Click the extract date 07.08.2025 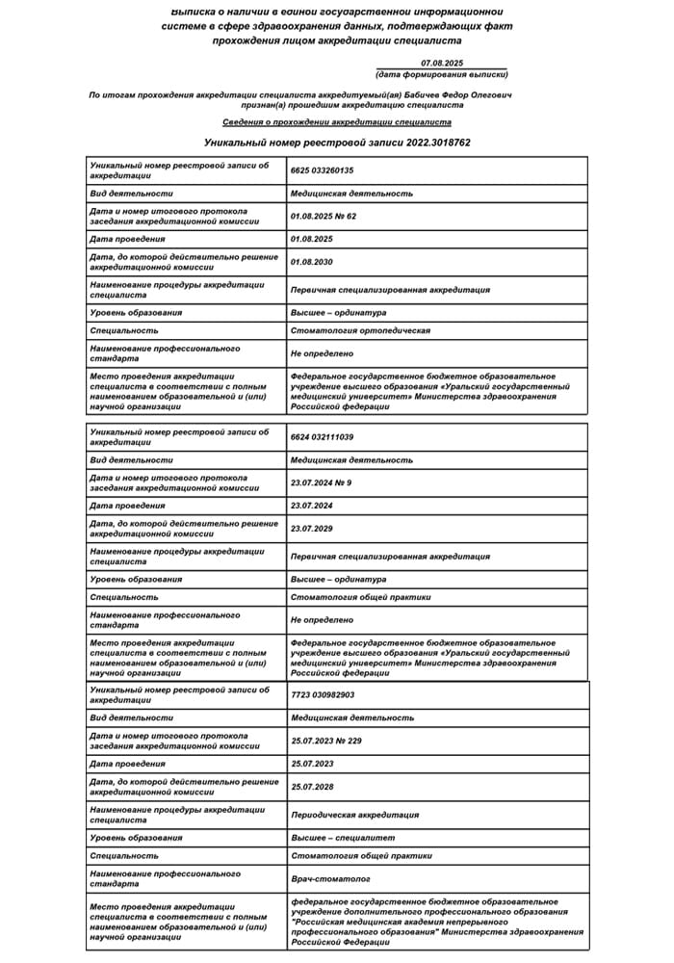point(442,64)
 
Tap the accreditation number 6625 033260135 point(323,170)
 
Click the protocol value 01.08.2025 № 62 point(324,216)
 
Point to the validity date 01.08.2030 point(311,260)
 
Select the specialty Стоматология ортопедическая point(360,330)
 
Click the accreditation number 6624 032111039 point(323,437)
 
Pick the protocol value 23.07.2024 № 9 point(321,482)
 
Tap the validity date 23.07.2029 point(311,527)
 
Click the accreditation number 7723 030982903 point(323,694)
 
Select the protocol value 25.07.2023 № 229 point(325,741)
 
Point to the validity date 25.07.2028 point(311,787)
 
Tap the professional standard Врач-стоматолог point(330,879)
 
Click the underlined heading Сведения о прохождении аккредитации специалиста point(337,122)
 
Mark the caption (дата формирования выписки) point(442,75)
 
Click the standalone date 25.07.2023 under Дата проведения point(311,764)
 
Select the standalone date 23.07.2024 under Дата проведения point(311,505)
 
